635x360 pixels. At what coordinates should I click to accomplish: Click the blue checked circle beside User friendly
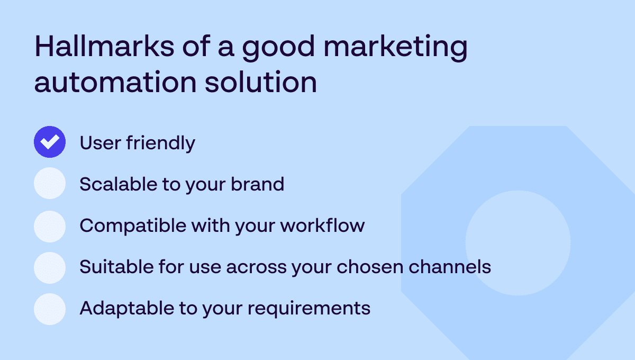pos(50,142)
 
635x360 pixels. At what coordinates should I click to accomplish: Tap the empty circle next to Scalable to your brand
pos(50,183)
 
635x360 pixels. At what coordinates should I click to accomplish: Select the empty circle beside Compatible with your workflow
pos(50,227)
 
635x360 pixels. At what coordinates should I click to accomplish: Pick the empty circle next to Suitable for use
pos(50,268)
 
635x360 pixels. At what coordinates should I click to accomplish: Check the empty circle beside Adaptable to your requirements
pos(50,309)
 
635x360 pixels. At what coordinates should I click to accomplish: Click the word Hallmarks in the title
pos(104,46)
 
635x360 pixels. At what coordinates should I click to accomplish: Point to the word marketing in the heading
pos(395,48)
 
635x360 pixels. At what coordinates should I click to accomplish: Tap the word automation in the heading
pos(115,82)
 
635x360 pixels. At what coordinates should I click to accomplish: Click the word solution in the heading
pos(261,82)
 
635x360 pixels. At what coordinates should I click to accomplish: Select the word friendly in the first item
pos(161,143)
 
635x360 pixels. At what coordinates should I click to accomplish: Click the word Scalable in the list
pos(119,184)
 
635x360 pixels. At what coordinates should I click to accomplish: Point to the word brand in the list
pos(257,184)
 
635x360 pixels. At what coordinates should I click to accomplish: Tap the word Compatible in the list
pos(133,226)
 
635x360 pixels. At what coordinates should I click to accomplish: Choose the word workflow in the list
pos(323,225)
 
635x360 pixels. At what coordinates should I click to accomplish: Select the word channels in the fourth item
pos(450,267)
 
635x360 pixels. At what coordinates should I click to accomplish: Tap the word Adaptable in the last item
pos(127,309)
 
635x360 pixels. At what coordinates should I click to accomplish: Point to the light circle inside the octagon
pos(518,243)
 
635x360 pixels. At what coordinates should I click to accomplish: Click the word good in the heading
pos(278,48)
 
